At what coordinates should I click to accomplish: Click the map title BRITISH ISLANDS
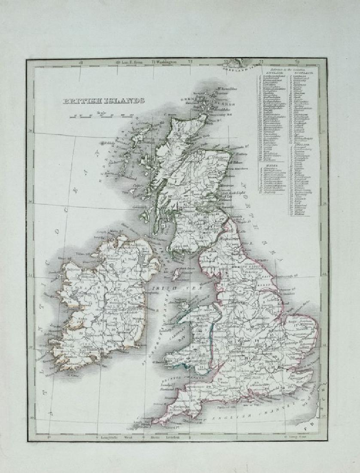(104, 101)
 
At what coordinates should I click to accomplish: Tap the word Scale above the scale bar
(102, 112)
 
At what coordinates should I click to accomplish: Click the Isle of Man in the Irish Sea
(176, 273)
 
